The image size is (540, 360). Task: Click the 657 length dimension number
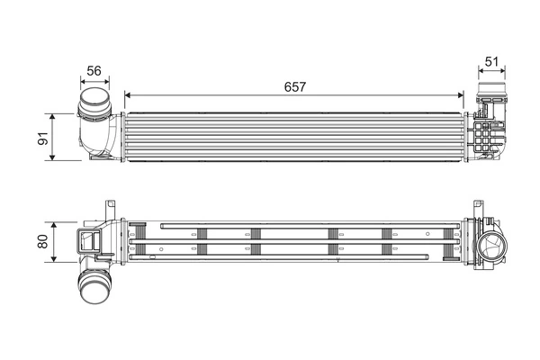click(x=294, y=86)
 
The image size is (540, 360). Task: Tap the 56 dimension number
click(x=94, y=70)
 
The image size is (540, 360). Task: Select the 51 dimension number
click(x=491, y=62)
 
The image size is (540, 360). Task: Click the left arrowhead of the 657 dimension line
click(x=127, y=94)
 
